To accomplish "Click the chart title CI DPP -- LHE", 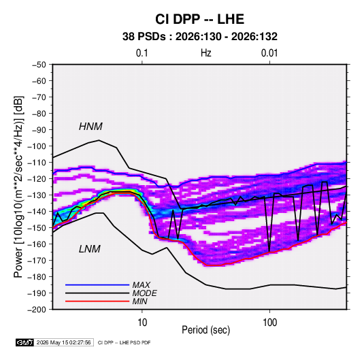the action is click(199, 19).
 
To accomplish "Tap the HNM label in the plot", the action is click(90, 127).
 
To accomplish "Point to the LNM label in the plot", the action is click(90, 249).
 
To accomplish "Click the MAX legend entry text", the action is click(141, 285).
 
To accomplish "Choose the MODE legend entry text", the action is click(144, 293).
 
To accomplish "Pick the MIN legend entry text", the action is click(139, 301).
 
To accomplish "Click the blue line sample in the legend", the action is click(97, 284).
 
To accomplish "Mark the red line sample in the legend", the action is click(97, 301).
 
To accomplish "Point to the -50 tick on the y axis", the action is click(39, 65).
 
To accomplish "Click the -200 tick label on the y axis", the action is click(37, 310).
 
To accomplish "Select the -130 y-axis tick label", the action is click(37, 195).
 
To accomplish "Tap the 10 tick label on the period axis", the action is click(142, 323).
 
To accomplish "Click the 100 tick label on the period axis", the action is click(269, 323).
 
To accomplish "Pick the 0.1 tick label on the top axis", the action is click(142, 53).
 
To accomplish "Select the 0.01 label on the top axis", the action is click(269, 53).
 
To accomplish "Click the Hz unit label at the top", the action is click(206, 53).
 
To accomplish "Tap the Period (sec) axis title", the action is click(206, 330).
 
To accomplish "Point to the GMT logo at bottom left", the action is click(24, 342).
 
